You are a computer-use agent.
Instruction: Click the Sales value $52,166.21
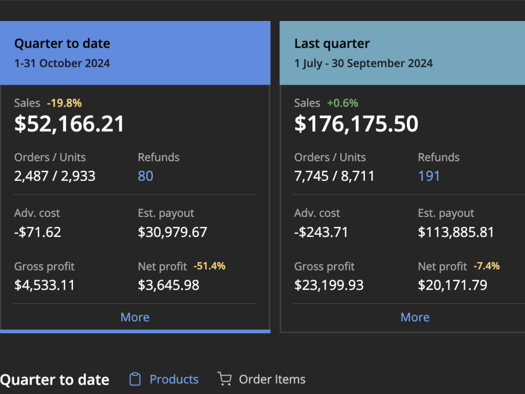pyautogui.click(x=69, y=124)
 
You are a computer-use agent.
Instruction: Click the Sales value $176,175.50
pyautogui.click(x=356, y=124)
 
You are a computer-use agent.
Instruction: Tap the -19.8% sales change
pyautogui.click(x=64, y=103)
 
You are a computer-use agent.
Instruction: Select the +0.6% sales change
pyautogui.click(x=342, y=103)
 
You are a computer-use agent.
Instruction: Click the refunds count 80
pyautogui.click(x=145, y=176)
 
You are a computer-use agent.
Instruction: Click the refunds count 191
pyautogui.click(x=428, y=176)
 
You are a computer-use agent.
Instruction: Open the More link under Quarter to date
pyautogui.click(x=135, y=317)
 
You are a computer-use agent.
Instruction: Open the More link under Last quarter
pyautogui.click(x=415, y=317)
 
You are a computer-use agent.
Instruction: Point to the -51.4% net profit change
pyautogui.click(x=209, y=266)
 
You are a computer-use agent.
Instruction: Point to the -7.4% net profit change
pyautogui.click(x=487, y=266)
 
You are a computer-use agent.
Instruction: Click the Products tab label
pyautogui.click(x=174, y=379)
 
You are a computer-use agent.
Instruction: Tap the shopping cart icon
pyautogui.click(x=224, y=379)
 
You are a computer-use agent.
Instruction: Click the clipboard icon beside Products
pyautogui.click(x=135, y=379)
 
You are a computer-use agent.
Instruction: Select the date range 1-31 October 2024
pyautogui.click(x=62, y=64)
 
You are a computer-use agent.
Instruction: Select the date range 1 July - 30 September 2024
pyautogui.click(x=363, y=64)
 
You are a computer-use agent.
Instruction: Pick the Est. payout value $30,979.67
pyautogui.click(x=172, y=232)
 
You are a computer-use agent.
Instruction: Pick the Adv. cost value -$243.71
pyautogui.click(x=321, y=232)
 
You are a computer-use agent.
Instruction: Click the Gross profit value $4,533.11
pyautogui.click(x=44, y=285)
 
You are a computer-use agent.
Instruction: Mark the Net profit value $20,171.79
pyautogui.click(x=453, y=285)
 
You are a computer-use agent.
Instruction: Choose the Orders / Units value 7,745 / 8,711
pyautogui.click(x=334, y=176)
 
